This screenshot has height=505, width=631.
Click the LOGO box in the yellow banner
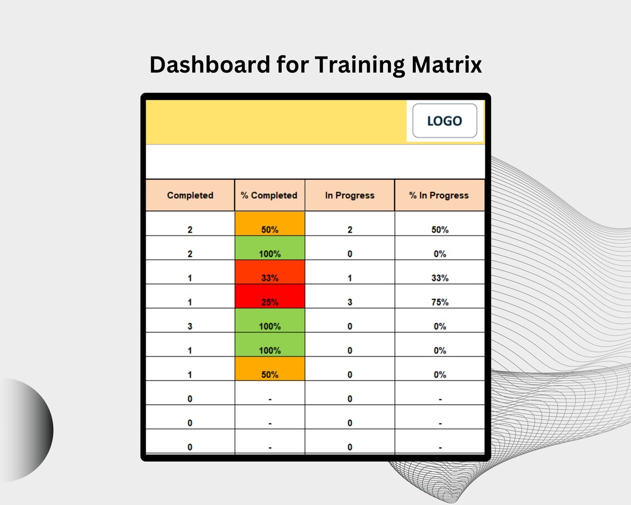(444, 121)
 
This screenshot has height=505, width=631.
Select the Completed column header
(190, 195)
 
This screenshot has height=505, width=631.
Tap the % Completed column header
(269, 195)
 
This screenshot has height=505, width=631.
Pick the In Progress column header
(349, 195)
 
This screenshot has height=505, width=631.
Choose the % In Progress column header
(439, 195)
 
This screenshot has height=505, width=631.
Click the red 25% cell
(270, 302)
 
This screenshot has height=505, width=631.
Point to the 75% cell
(439, 302)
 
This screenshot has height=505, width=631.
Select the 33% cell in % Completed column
(270, 278)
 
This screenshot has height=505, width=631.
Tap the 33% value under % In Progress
(439, 278)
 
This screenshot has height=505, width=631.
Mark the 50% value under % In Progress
(439, 230)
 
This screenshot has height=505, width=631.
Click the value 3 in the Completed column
(190, 327)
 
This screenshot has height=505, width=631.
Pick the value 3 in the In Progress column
(349, 302)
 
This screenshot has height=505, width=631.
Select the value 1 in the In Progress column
(349, 278)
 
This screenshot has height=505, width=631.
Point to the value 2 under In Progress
(349, 230)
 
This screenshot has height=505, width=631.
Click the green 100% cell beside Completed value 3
(270, 327)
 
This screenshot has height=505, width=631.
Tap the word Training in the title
(359, 65)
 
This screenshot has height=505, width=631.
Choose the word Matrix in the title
(446, 65)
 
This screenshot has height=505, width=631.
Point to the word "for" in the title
(293, 65)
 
